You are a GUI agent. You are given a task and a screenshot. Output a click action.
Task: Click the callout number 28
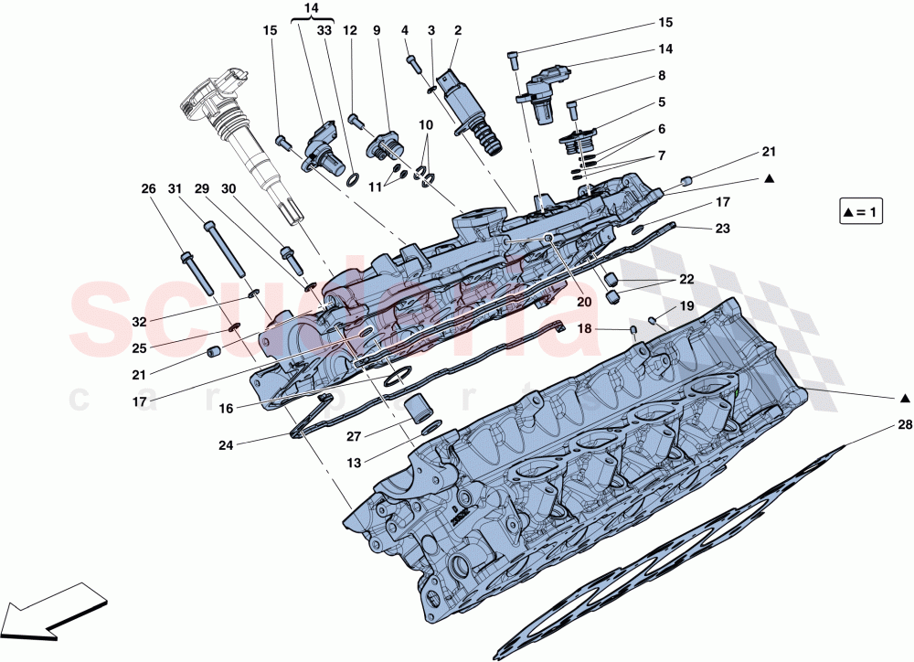[904, 426]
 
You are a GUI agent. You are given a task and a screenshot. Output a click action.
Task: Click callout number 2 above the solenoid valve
[457, 30]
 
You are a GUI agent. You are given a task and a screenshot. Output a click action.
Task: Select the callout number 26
[148, 189]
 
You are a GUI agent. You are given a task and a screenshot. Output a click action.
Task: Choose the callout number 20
[583, 301]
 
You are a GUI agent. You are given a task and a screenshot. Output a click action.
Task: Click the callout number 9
[376, 30]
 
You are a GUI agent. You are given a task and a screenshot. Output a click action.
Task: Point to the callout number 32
[138, 322]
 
